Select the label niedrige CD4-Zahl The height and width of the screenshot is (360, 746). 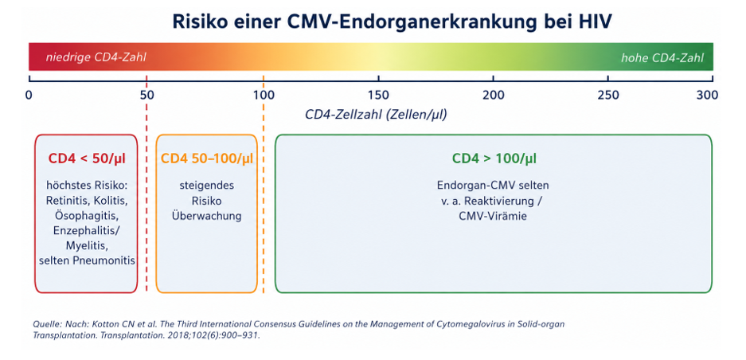(96, 57)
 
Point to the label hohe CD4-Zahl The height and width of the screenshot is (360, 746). (662, 58)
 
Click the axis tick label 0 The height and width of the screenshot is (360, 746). (29, 96)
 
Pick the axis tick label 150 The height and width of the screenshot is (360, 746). (379, 96)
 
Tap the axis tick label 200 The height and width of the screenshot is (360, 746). (494, 96)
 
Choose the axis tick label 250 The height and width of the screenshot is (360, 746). (608, 96)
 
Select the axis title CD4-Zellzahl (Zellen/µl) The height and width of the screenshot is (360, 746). (376, 115)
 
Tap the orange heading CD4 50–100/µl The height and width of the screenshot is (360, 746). (207, 158)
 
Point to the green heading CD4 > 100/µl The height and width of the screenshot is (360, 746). (494, 158)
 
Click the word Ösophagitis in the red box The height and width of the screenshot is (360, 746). (86, 216)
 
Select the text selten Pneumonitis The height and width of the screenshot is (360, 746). (86, 260)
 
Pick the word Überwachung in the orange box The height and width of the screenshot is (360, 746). (206, 216)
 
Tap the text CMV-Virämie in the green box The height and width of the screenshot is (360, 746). (494, 216)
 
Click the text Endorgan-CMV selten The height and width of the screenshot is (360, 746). (494, 186)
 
